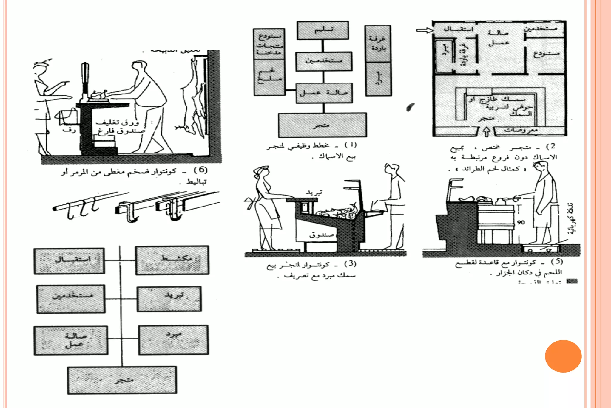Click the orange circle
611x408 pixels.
pos(563,356)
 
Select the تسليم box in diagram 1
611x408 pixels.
pos(323,30)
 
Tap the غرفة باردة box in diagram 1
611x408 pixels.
pos(378,44)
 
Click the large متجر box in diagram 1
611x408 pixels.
pos(323,125)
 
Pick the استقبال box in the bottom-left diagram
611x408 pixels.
pos(69,261)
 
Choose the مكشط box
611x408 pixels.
pos(172,260)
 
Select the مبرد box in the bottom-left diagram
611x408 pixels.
pos(174,340)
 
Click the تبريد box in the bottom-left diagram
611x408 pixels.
pos(169,299)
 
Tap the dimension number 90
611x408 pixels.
pos(521,222)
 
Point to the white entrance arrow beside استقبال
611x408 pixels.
pos(425,30)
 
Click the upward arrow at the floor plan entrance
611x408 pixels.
pos(486,131)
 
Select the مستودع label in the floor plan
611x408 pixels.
pos(547,54)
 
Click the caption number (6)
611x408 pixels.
pos(200,170)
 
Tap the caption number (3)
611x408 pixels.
pos(350,264)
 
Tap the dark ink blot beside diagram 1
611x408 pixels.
pos(411,107)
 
